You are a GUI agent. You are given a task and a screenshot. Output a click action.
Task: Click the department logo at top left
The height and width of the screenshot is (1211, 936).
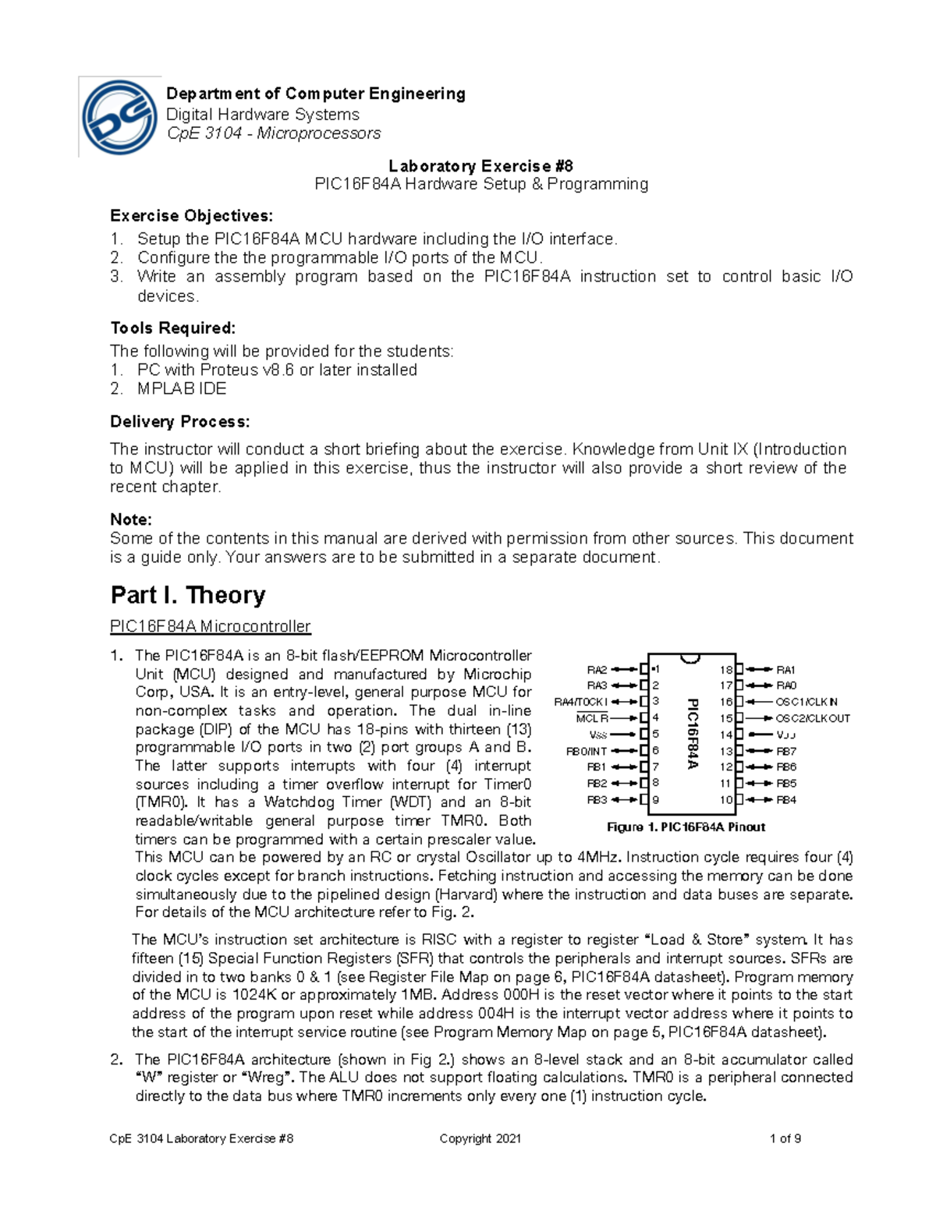(120, 118)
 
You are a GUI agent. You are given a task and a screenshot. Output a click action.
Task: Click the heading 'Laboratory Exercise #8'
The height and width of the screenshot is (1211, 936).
(480, 165)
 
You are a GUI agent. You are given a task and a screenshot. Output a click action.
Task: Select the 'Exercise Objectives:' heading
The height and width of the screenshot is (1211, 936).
(192, 215)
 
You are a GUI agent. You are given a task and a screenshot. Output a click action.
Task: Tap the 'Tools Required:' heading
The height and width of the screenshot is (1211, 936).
(172, 328)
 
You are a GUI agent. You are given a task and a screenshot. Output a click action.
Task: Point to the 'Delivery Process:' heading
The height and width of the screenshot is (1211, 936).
(180, 422)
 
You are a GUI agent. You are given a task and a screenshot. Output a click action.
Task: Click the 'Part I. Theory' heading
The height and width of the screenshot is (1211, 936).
(188, 595)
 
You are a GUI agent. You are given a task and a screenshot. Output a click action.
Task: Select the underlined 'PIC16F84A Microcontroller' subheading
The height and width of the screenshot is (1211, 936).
(211, 626)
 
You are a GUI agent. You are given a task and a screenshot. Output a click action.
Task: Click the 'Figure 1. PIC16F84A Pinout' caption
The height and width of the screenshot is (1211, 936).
(686, 827)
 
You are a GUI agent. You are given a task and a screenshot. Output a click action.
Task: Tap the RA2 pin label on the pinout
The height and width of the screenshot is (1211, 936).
(597, 670)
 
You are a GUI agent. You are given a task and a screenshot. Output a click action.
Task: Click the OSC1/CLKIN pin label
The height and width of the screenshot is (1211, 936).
(807, 702)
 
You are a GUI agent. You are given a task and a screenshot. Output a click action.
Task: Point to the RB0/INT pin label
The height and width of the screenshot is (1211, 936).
(587, 751)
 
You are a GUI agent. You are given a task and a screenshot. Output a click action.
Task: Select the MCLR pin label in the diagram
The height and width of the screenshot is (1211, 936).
(592, 718)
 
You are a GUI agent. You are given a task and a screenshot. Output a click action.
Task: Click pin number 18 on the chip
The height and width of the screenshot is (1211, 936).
(726, 670)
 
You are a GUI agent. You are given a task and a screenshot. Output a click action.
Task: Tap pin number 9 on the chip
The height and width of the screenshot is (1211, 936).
(656, 799)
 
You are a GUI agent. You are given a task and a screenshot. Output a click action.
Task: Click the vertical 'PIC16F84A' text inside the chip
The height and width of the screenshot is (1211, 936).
(692, 734)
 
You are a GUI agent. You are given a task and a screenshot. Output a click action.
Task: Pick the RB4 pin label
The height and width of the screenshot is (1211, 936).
(786, 800)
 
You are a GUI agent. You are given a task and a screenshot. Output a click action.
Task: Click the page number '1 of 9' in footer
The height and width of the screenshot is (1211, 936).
(785, 1138)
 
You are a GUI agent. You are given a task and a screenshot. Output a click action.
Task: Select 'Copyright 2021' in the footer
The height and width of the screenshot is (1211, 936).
(480, 1138)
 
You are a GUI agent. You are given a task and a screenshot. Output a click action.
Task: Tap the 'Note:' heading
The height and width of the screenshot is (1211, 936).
(131, 519)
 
